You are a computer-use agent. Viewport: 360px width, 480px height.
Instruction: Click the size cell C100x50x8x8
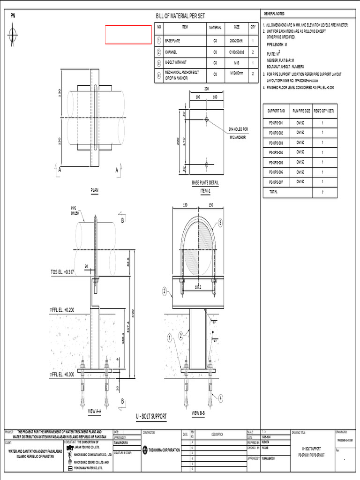click(x=237, y=52)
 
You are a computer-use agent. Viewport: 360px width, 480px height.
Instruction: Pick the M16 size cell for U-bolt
click(x=237, y=63)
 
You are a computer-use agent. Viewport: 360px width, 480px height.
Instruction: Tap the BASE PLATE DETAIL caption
click(x=205, y=183)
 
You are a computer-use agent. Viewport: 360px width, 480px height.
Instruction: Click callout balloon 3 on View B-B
click(x=220, y=223)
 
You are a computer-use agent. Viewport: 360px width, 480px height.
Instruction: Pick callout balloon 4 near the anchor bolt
click(x=220, y=397)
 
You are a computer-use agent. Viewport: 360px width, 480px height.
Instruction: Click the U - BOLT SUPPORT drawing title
click(x=151, y=416)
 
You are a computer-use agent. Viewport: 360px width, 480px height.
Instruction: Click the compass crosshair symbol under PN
click(x=13, y=33)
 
